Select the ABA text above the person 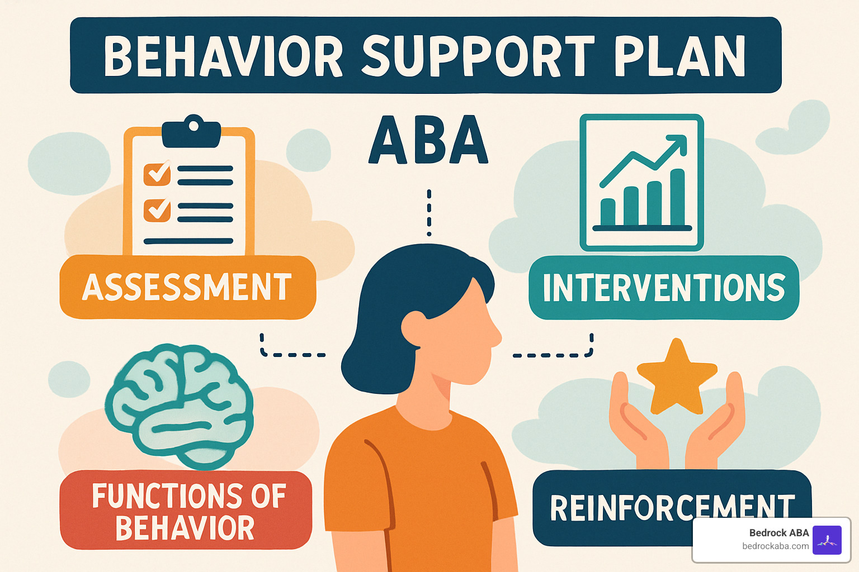[428, 140]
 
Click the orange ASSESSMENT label [187, 287]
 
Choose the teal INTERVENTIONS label [664, 288]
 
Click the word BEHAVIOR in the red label [185, 528]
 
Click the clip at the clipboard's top [191, 131]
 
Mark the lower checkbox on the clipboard [157, 211]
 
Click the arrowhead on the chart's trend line [678, 143]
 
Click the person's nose [495, 335]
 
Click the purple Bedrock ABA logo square [827, 540]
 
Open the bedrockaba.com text [775, 546]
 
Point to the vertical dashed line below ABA [429, 213]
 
